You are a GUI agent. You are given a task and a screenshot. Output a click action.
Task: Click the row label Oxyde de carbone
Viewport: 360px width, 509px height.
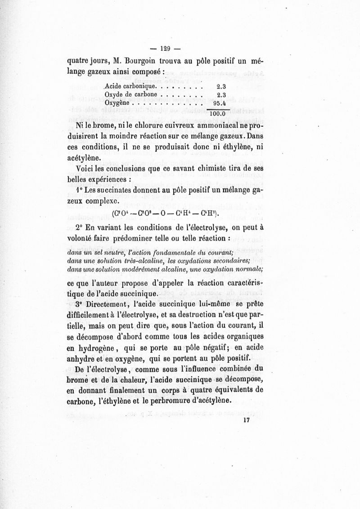click(130, 94)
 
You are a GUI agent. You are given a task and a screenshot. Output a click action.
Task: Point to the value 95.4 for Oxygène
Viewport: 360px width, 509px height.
click(219, 103)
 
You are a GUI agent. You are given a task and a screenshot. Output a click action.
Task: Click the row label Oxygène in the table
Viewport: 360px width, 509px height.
click(117, 103)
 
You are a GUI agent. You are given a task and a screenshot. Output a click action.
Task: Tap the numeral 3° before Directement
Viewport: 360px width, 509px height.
click(81, 304)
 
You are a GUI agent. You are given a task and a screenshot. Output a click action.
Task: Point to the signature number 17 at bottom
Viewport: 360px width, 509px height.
click(246, 420)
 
